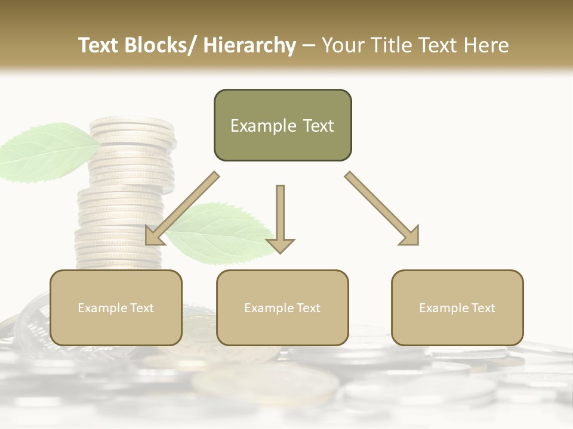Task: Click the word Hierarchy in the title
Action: [x=249, y=45]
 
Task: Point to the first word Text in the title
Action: [x=100, y=45]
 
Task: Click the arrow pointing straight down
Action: [x=280, y=214]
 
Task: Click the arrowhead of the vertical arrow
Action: [x=280, y=245]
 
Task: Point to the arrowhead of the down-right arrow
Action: [x=410, y=236]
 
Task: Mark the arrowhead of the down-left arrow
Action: [x=154, y=236]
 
